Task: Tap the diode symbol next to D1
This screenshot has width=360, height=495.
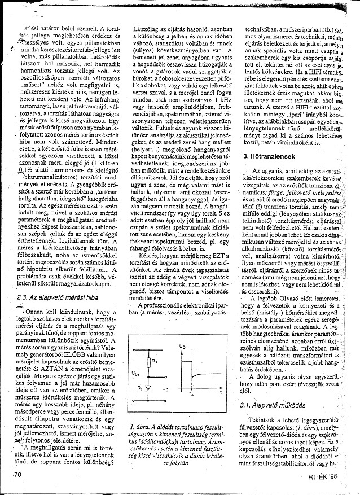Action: coord(148,389)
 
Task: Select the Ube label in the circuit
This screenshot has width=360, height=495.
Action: coord(134,374)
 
